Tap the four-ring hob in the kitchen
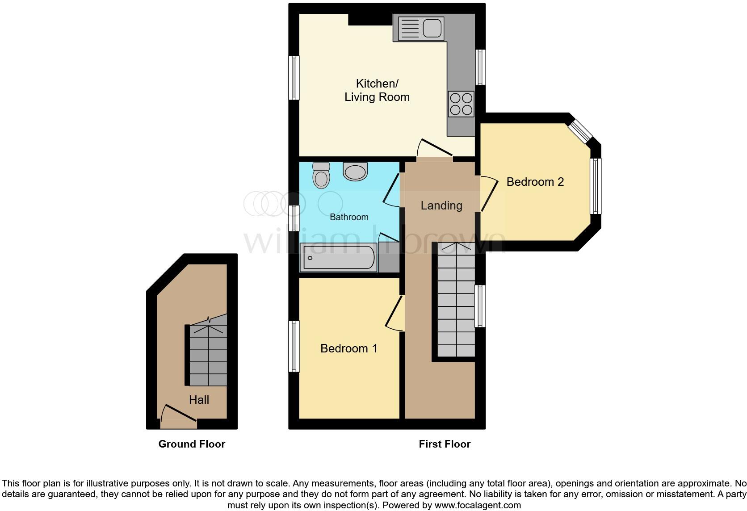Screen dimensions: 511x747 coord(461,104)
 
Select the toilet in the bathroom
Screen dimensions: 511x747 coord(321,175)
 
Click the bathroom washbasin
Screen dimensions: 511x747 coord(355,172)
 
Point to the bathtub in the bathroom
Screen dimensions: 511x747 coord(339,258)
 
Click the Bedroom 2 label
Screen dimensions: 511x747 coord(535,182)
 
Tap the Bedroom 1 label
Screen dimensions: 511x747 coord(348,348)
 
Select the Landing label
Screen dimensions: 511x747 coord(441,205)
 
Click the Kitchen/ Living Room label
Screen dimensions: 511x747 coord(377,90)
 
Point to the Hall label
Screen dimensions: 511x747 coord(199,400)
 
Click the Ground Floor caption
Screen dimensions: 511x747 coord(192,444)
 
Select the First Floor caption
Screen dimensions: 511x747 coord(444,444)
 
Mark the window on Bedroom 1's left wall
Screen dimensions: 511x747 coord(294,346)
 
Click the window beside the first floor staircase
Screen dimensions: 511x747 coord(480,306)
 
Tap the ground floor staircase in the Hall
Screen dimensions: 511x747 coord(208,355)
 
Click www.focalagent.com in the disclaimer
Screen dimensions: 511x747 coord(478,506)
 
